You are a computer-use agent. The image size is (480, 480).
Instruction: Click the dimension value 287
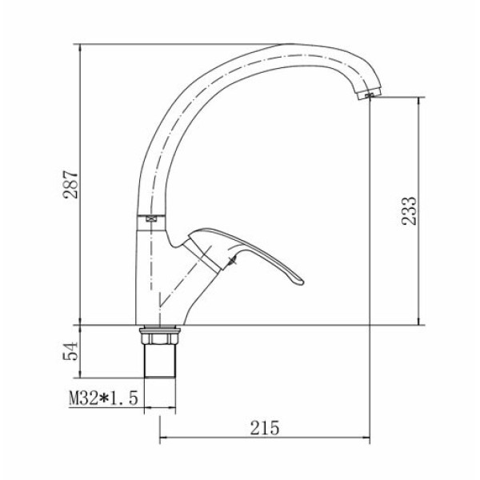[70, 185]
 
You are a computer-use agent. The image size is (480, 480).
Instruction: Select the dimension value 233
[410, 211]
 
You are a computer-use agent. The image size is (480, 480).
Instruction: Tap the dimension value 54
[70, 351]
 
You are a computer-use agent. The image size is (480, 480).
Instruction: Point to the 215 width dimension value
[265, 428]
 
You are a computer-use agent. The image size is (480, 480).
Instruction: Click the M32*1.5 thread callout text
[103, 398]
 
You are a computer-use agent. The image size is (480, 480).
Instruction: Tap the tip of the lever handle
[302, 282]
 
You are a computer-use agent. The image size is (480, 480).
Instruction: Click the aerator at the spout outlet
[368, 94]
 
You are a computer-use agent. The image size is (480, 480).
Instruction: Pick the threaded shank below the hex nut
[160, 361]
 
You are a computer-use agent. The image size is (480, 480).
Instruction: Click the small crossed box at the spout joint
[151, 219]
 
